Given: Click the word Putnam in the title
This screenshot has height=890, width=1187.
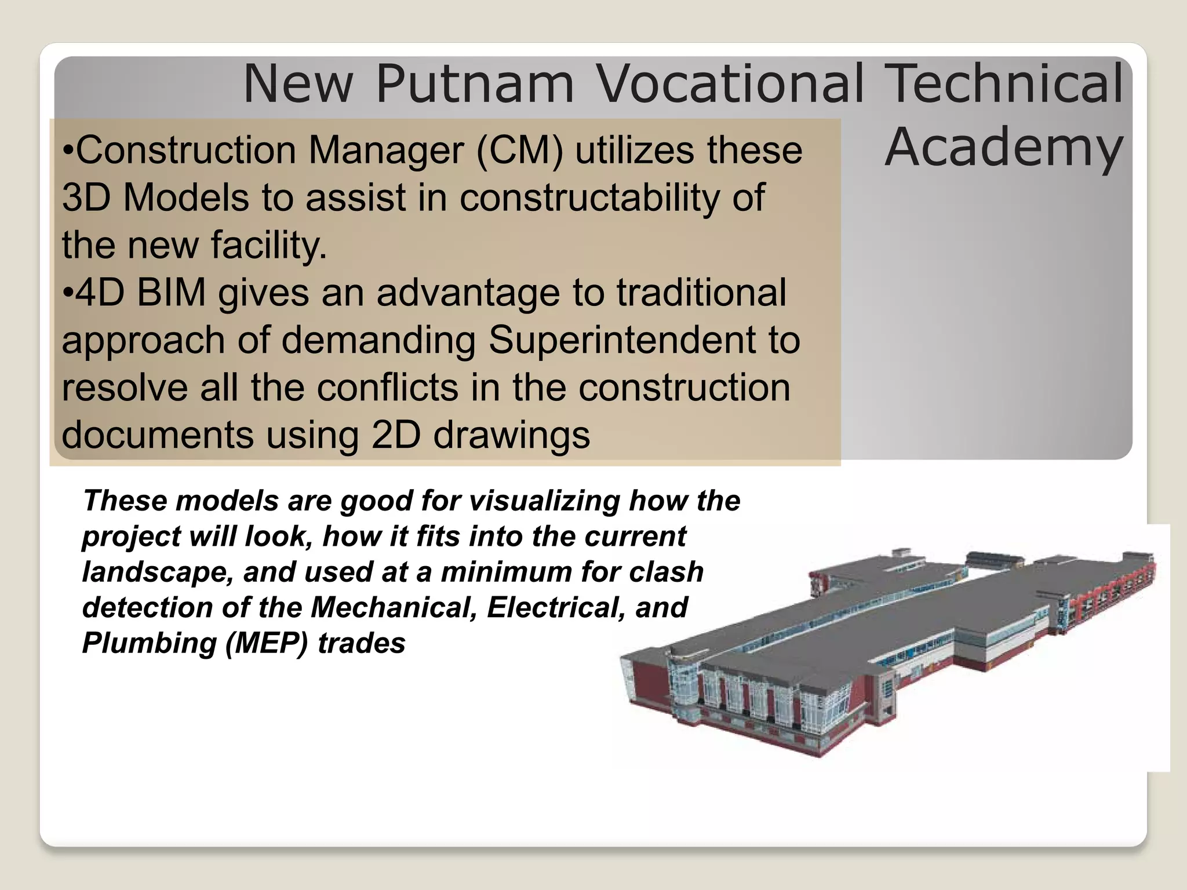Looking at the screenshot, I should (475, 85).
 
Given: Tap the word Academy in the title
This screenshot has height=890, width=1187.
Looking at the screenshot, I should (1003, 148).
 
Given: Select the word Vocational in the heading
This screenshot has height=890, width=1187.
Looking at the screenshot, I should (730, 85).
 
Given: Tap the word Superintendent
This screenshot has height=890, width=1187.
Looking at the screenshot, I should (624, 340).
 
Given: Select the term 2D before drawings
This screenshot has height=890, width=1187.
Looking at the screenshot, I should (395, 435).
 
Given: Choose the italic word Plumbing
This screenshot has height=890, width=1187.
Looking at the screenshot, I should (149, 644).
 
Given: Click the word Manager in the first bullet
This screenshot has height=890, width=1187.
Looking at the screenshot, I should (386, 151).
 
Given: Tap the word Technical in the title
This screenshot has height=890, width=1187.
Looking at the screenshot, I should (1005, 85).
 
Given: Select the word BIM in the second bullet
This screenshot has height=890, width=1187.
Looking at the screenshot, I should (172, 293).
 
